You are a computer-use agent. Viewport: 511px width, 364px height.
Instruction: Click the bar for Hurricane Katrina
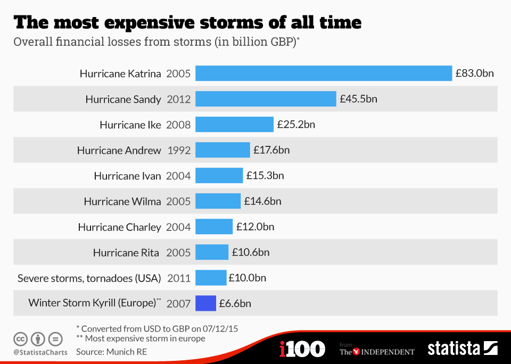tap(324, 73)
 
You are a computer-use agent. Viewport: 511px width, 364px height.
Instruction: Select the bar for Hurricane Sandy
tap(266, 99)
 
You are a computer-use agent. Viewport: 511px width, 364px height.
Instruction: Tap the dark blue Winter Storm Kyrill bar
tap(205, 303)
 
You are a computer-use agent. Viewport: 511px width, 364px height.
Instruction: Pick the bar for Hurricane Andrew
tap(222, 150)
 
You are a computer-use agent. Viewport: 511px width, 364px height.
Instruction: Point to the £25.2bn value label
tap(296, 125)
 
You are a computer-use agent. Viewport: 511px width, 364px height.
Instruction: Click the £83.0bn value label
tap(474, 73)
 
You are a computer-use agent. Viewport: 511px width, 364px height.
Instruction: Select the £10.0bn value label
tap(247, 278)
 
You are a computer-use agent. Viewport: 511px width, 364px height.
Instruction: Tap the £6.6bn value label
tap(235, 303)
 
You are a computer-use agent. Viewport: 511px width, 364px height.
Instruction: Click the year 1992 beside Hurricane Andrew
tap(179, 150)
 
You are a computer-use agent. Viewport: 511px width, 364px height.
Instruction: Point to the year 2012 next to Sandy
tap(179, 99)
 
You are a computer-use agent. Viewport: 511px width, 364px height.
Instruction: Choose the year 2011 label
tap(179, 278)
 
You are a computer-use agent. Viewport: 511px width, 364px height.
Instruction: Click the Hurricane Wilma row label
tap(122, 201)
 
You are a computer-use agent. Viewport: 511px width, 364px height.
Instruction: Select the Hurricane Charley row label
tap(119, 227)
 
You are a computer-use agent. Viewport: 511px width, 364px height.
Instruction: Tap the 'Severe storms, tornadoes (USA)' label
tap(89, 278)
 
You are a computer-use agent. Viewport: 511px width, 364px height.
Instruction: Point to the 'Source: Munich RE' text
tap(111, 352)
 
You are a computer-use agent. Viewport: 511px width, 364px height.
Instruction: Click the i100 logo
tap(302, 349)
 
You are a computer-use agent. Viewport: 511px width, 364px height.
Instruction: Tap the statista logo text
tap(454, 349)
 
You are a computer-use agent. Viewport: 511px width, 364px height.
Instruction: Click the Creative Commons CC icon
tap(21, 338)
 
